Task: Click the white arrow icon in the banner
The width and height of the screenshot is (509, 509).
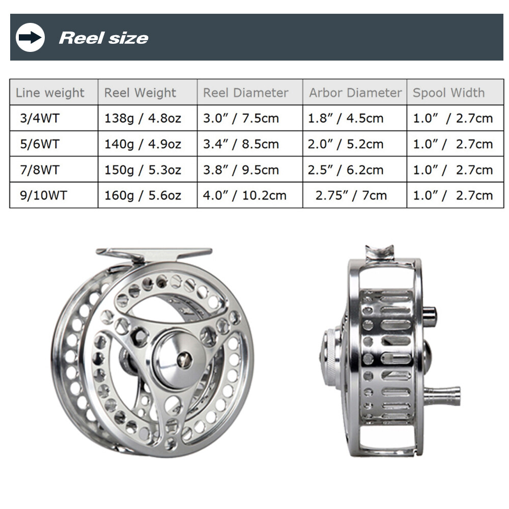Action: (30, 38)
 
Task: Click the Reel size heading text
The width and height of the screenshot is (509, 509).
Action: (103, 38)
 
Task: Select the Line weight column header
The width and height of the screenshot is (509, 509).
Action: (50, 93)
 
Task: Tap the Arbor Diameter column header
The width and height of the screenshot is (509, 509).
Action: (355, 93)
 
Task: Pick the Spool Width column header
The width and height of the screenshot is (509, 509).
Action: (448, 93)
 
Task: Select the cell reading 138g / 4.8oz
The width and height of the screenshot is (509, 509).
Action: (143, 119)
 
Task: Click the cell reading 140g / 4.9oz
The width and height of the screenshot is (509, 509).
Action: (143, 144)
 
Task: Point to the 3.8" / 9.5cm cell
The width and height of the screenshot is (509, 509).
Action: (241, 170)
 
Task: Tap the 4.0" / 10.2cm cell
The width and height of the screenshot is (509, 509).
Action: (245, 195)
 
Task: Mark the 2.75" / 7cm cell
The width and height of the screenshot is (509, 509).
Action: (351, 195)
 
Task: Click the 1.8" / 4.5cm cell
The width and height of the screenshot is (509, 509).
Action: (346, 119)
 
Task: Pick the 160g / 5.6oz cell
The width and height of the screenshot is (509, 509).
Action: (143, 195)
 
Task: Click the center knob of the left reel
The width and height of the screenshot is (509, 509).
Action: (183, 359)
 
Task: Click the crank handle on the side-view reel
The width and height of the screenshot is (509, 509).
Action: (443, 395)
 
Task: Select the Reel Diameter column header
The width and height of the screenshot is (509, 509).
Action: (245, 93)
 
